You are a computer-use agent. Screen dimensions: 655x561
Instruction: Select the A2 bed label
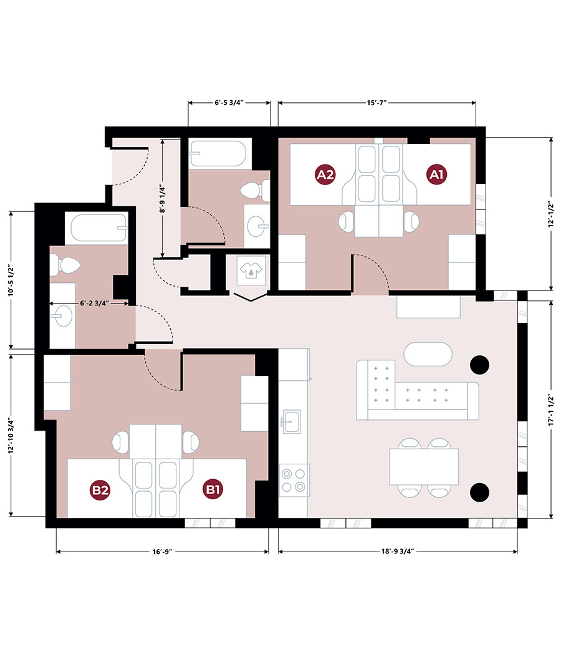[325, 175]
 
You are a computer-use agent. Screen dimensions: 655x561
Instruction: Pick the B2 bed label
[101, 490]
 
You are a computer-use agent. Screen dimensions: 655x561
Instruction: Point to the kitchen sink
[290, 421]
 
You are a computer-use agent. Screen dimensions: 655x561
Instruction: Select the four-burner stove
[294, 480]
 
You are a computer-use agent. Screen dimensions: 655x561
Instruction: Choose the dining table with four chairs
[424, 467]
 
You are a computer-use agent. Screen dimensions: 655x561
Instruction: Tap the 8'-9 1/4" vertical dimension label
[163, 198]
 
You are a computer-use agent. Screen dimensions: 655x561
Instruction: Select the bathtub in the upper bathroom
[219, 154]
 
